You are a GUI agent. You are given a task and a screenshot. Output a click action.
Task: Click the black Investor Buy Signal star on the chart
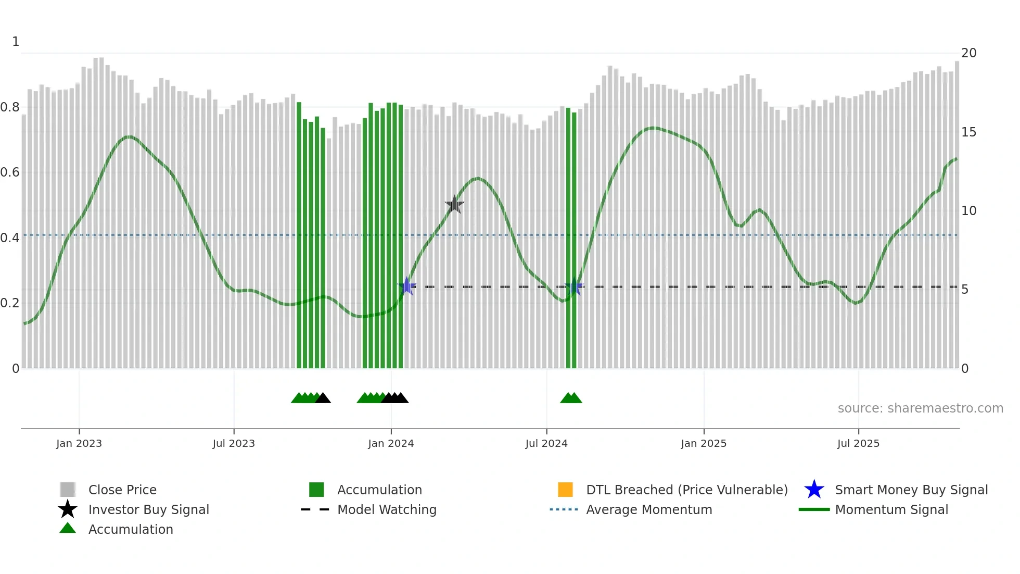click(454, 205)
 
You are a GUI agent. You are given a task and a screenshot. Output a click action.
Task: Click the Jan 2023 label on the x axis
click(79, 444)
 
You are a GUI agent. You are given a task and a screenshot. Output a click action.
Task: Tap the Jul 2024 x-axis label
click(546, 444)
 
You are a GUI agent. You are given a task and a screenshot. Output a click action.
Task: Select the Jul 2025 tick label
click(858, 444)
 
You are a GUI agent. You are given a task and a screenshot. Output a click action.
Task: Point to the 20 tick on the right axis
click(968, 53)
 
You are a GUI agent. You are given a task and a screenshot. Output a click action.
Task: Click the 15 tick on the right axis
click(968, 132)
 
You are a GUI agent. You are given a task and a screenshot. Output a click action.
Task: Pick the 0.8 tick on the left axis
click(10, 107)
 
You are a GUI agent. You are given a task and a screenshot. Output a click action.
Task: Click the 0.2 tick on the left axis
click(10, 303)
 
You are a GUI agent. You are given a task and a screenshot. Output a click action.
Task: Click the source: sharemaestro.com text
click(920, 408)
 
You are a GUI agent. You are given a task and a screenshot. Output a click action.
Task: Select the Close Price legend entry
click(122, 490)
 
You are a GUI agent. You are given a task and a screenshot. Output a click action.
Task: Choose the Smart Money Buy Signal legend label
click(911, 490)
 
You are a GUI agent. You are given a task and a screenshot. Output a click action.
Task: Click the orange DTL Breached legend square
click(565, 490)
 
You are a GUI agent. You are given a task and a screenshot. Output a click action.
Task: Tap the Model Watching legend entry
click(387, 510)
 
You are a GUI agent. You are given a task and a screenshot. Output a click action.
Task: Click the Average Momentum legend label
click(649, 510)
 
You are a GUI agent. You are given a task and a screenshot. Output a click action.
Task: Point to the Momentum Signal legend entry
click(891, 510)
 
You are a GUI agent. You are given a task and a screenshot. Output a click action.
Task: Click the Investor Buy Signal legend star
click(68, 509)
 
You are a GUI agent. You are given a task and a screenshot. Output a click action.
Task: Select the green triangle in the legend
click(68, 528)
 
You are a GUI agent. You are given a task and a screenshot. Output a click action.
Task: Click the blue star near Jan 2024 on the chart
click(407, 286)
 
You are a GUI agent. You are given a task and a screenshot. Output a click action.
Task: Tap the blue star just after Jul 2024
click(574, 286)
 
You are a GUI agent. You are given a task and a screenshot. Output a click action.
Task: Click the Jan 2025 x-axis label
click(704, 444)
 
